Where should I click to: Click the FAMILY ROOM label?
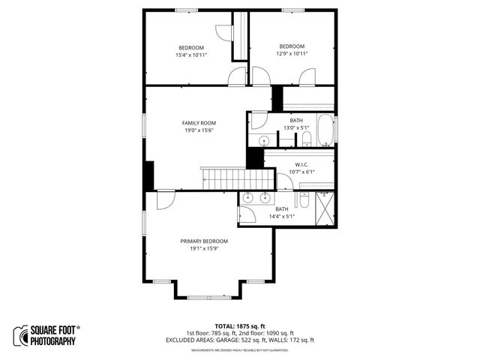[199, 123]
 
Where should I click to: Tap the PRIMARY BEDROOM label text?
[204, 241]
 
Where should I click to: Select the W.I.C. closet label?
[301, 165]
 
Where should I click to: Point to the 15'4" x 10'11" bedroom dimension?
[191, 55]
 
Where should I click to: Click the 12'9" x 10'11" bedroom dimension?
[292, 53]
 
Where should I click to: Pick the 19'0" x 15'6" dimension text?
[199, 130]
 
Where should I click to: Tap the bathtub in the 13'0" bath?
[325, 130]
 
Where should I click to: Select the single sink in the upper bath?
[265, 140]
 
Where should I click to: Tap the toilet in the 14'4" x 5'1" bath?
[304, 199]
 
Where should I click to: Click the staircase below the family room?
[235, 179]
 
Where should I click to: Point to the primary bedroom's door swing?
[166, 199]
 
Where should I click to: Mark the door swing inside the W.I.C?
[284, 182]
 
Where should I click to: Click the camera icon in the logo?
[20, 335]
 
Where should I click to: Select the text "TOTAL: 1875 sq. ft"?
[239, 327]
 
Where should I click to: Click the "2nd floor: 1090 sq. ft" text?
[269, 334]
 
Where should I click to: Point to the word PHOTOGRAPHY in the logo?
[54, 341]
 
